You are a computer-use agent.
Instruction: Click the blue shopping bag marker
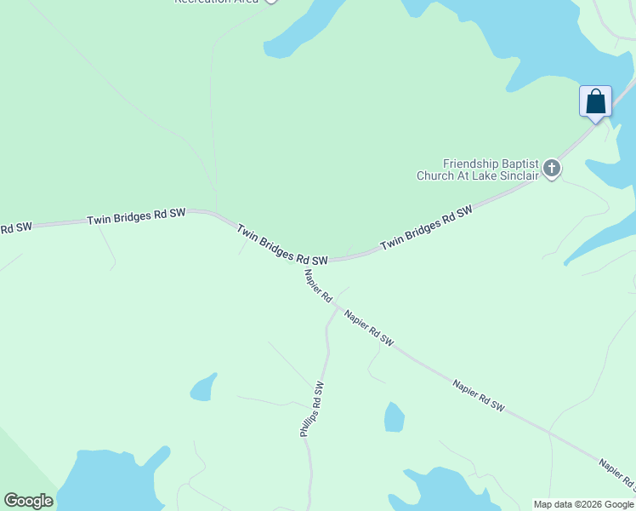tap(596, 101)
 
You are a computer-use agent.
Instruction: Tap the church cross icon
tap(552, 169)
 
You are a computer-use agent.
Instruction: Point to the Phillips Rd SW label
tap(312, 410)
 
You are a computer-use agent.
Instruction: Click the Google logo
tap(28, 500)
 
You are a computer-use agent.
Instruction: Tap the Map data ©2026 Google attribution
tap(584, 504)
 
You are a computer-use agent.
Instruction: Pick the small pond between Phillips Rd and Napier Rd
tap(394, 417)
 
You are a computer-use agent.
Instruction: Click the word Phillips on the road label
tap(308, 420)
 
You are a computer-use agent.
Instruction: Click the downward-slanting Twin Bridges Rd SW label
tap(281, 244)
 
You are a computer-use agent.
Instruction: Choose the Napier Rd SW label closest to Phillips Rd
tap(369, 328)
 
